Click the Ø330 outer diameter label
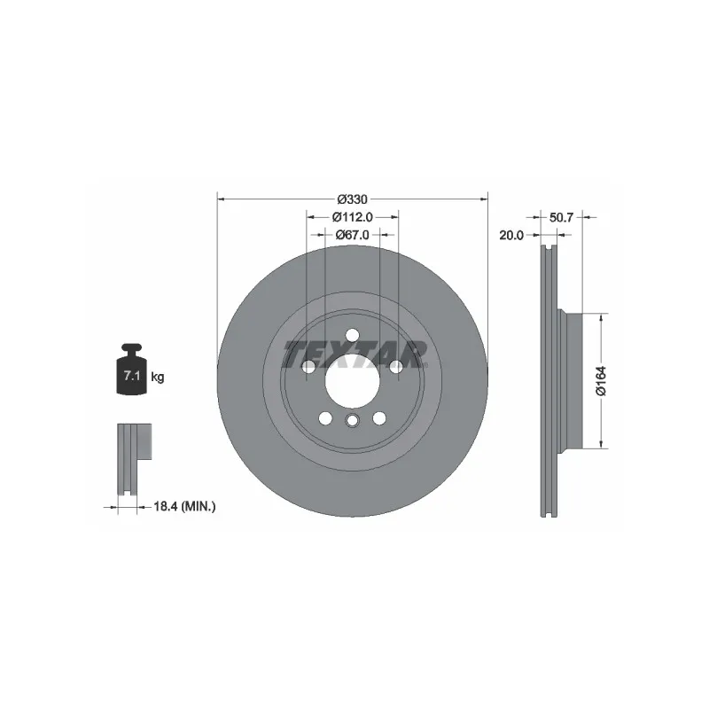coord(352,199)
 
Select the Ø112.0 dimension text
coord(352,217)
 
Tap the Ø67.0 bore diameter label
coord(352,235)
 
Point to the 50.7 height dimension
coord(561,217)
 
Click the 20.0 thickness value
coord(511,235)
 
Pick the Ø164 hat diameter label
coord(601,381)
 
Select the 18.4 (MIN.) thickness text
coord(184,506)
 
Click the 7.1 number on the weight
coord(131,375)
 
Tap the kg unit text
coord(158,376)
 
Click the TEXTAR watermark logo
coord(355,354)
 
